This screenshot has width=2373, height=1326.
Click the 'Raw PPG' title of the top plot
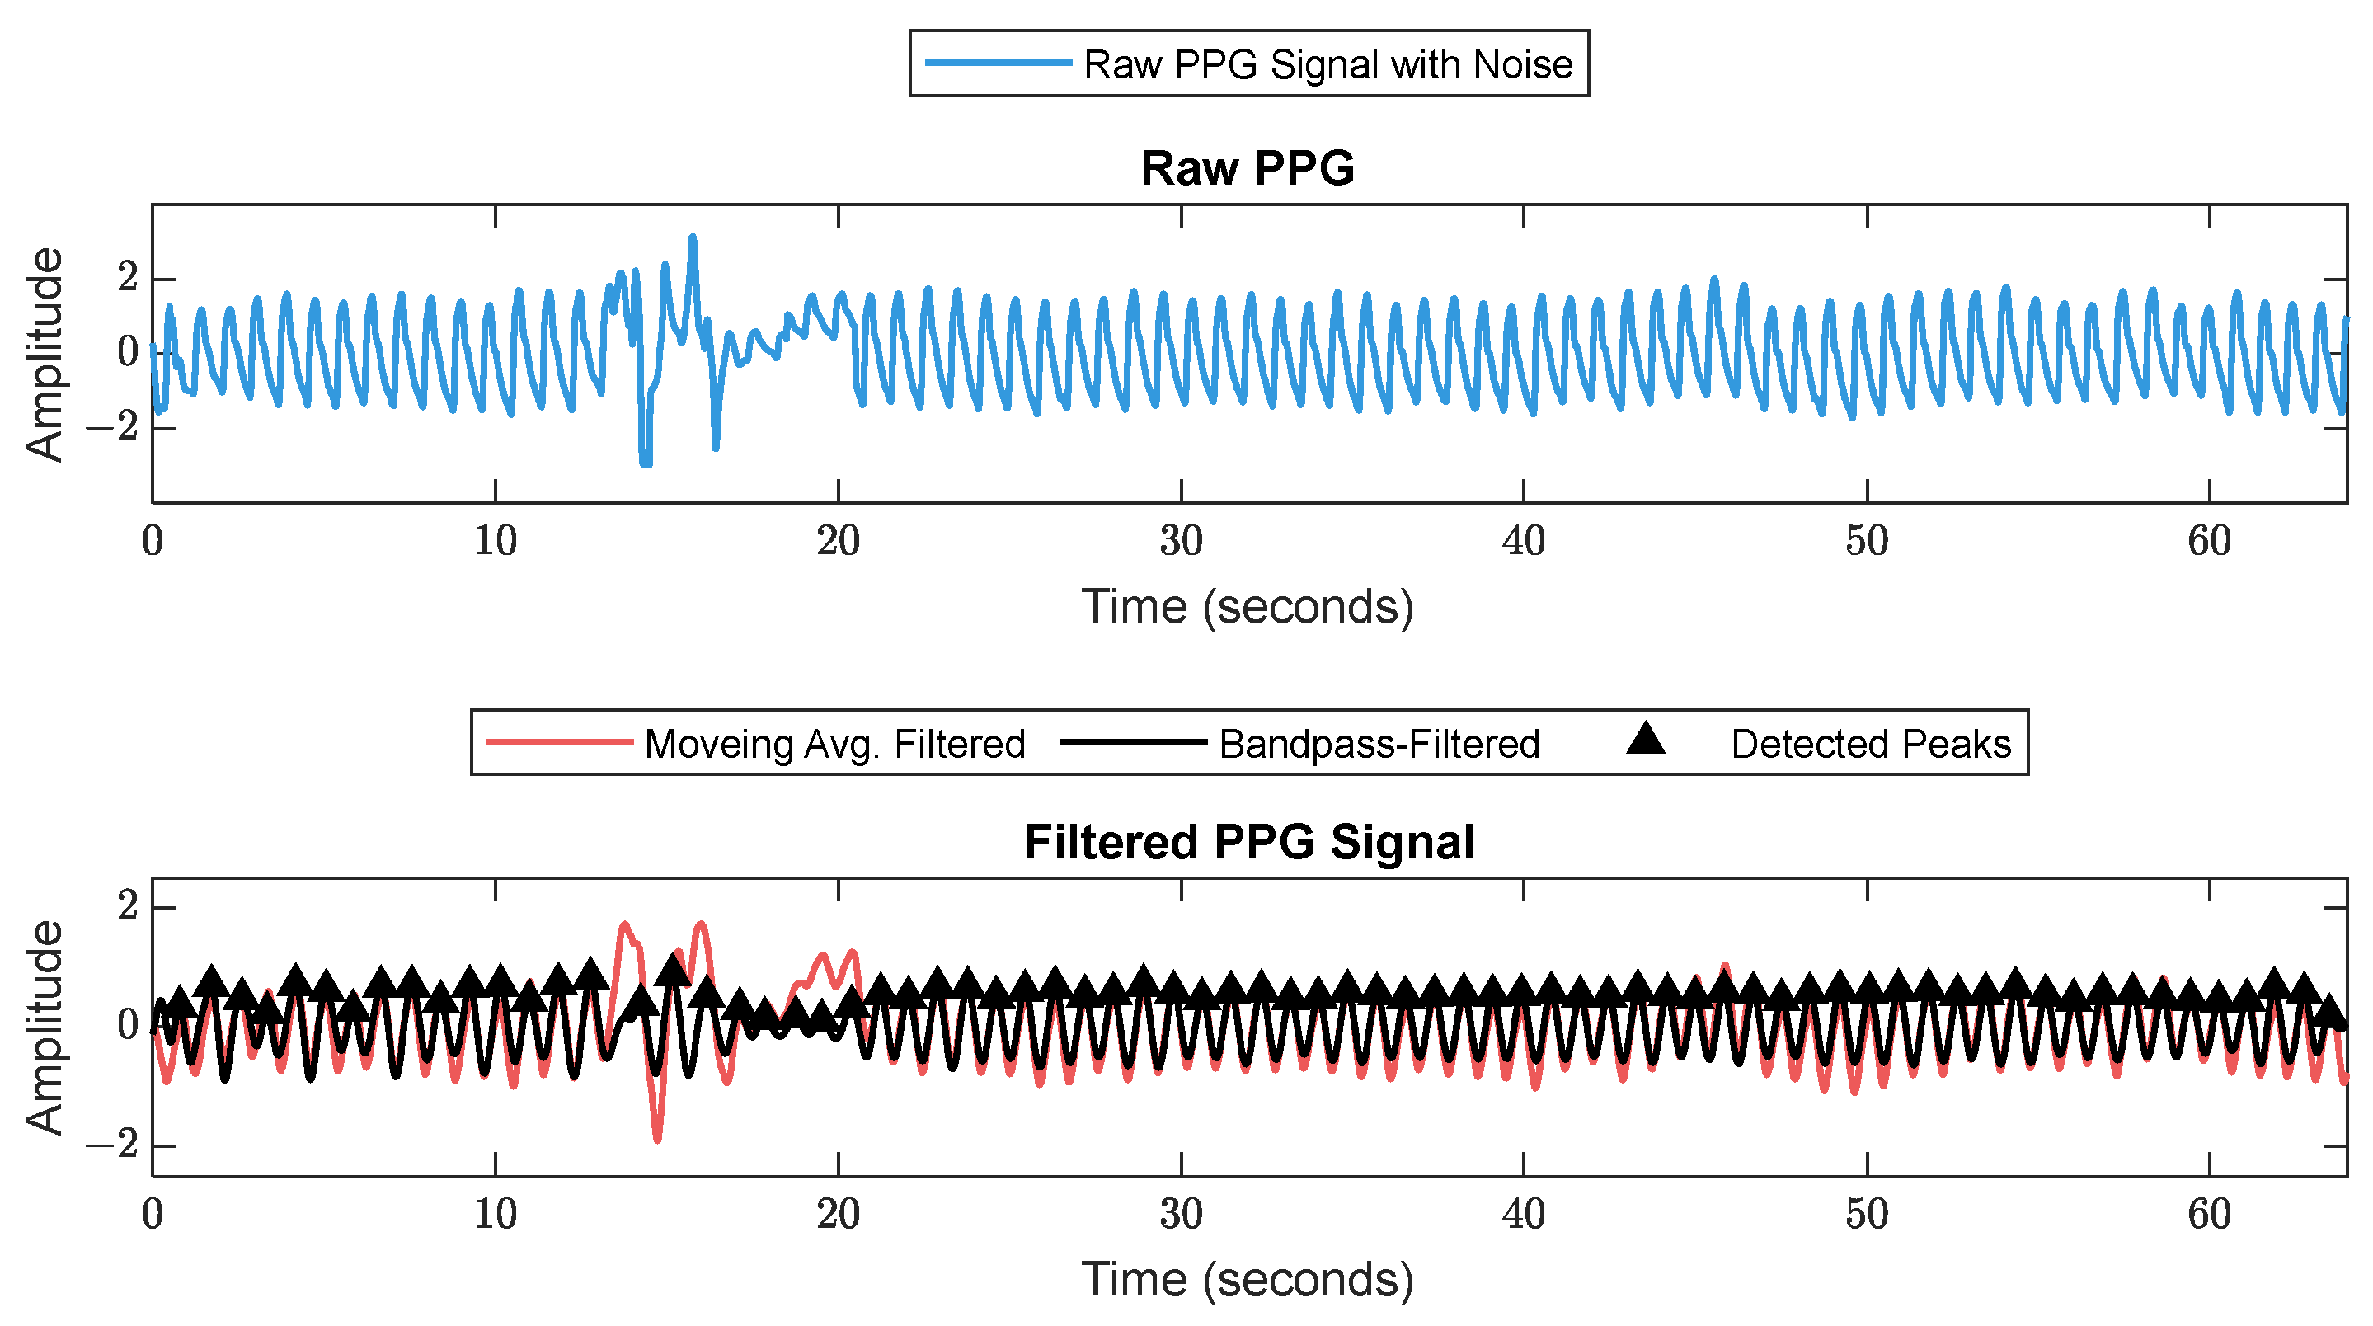(1248, 168)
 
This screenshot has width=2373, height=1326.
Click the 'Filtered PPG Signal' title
(1248, 842)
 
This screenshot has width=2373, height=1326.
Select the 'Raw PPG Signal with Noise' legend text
(1327, 64)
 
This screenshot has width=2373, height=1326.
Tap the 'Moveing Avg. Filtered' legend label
(834, 744)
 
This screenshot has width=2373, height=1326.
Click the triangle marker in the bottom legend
(1644, 740)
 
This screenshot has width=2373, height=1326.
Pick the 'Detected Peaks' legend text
(1870, 744)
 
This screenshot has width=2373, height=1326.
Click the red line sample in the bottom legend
(559, 743)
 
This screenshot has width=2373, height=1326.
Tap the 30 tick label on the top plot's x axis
(1180, 542)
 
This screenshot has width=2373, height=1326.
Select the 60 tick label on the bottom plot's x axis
(2208, 1215)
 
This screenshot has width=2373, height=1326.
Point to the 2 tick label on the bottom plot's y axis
(128, 907)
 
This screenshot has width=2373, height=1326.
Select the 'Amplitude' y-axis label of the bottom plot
(45, 1027)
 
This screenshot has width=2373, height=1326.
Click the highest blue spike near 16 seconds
(693, 238)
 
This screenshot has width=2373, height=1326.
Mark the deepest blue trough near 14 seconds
(646, 463)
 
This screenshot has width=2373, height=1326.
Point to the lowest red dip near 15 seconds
(657, 1140)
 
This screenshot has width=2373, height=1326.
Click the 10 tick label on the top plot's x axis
(496, 542)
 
